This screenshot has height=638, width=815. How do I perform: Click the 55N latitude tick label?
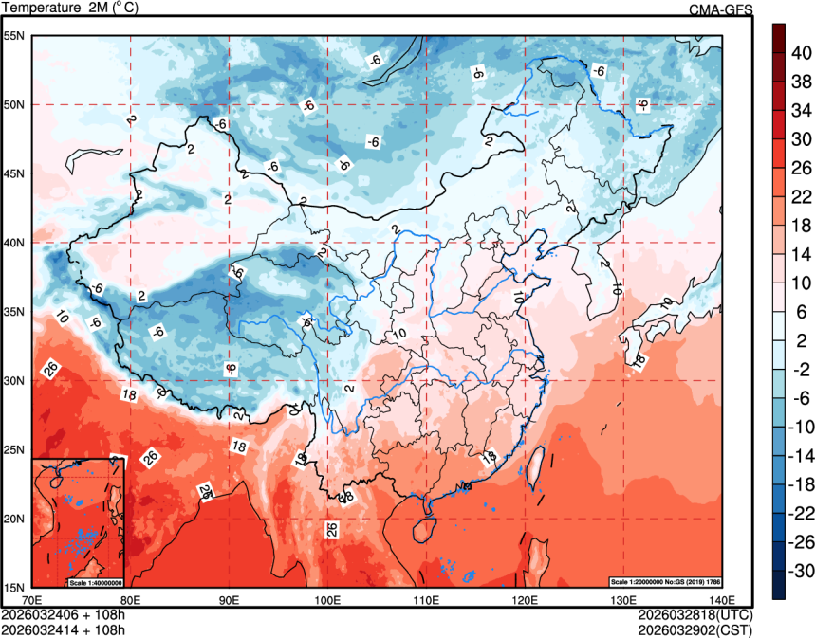(14, 36)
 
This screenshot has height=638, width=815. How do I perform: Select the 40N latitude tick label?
(14, 243)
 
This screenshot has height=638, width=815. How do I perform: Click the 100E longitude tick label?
(327, 599)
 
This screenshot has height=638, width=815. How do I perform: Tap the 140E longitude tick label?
(721, 599)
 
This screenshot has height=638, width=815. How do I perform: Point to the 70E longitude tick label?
(32, 599)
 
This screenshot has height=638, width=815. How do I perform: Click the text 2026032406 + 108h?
(63, 614)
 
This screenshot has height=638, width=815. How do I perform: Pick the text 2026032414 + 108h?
(63, 628)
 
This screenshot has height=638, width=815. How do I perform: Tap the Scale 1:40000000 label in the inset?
(95, 581)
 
